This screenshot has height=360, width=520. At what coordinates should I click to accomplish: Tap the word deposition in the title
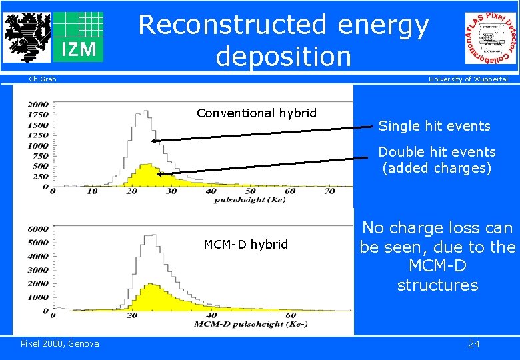tap(283, 57)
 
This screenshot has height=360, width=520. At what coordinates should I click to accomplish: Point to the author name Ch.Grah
tap(43, 79)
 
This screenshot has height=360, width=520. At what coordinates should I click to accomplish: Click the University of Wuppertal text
tap(467, 79)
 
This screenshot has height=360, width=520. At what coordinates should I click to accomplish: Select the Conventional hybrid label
tap(257, 113)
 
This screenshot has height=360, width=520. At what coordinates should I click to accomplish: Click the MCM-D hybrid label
tap(245, 245)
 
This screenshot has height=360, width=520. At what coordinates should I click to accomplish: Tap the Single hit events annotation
tap(434, 126)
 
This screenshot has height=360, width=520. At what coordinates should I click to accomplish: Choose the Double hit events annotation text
tap(437, 153)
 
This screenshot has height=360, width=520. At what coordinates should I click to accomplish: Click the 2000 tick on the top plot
tap(38, 105)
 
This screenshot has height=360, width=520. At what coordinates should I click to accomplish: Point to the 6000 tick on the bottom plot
tap(38, 229)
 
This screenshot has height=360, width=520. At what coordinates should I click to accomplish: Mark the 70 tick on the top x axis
tap(329, 191)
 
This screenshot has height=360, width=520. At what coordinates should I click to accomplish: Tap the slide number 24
tap(473, 344)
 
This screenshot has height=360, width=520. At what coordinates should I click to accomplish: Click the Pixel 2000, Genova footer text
tap(59, 344)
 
